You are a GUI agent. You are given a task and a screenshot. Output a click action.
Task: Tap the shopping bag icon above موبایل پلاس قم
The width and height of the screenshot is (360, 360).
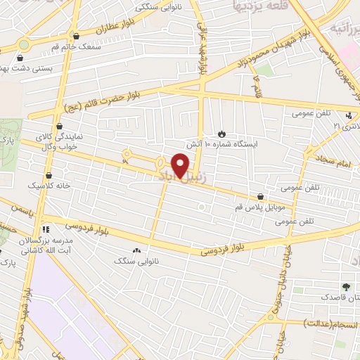click(x=262, y=197)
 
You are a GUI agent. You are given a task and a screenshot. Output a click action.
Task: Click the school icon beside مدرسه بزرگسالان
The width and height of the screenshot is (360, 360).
click(x=46, y=229)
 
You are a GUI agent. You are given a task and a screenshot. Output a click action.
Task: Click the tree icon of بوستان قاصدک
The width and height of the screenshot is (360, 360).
click(x=346, y=287)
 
